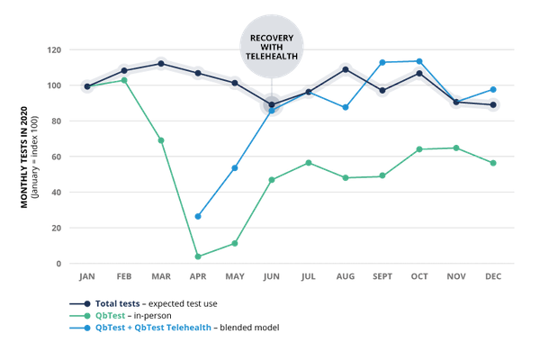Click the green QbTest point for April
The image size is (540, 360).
197,256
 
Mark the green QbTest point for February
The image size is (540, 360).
124,81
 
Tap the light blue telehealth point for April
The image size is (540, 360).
197,217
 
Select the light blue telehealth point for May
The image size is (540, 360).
235,167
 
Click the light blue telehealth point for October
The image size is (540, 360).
419,61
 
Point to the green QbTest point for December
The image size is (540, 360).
493,163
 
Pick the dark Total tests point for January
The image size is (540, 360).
87,87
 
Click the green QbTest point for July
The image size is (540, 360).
309,163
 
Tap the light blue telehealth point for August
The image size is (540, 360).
346,108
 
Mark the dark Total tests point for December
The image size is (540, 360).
493,104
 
